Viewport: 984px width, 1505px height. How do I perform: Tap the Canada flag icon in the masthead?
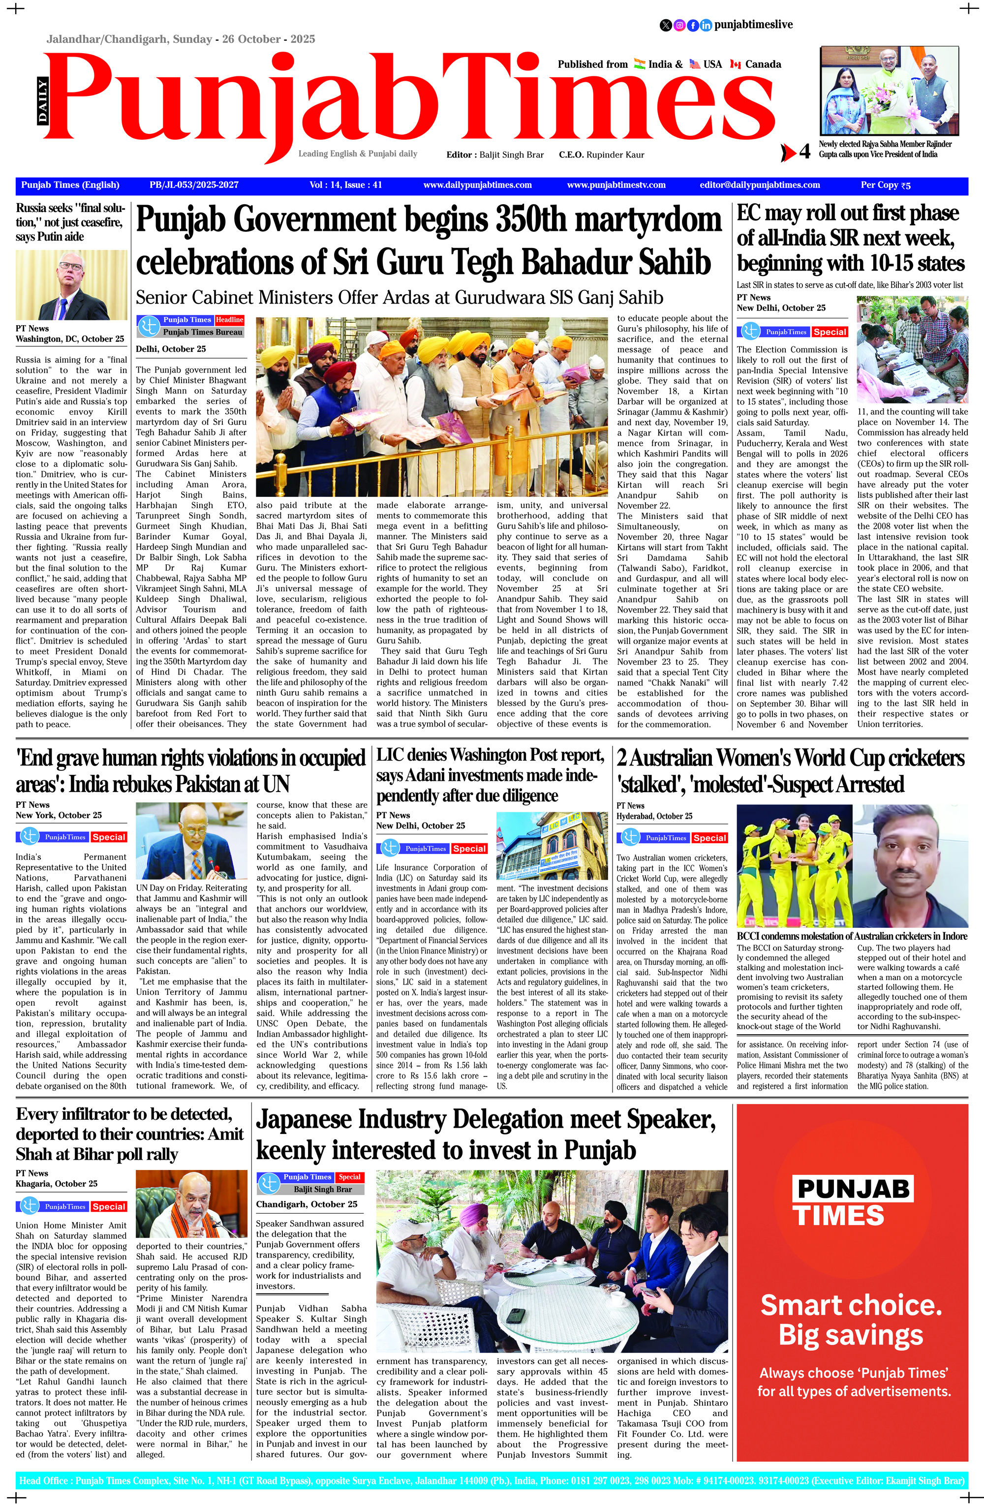click(x=735, y=64)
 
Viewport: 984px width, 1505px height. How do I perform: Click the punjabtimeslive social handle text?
click(x=753, y=25)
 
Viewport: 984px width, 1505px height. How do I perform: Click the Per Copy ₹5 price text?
click(x=885, y=185)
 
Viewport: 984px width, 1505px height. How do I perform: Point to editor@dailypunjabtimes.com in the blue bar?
click(x=760, y=185)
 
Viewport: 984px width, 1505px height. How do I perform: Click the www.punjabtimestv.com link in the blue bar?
click(x=616, y=185)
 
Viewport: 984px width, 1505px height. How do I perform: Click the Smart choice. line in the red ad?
click(x=851, y=1305)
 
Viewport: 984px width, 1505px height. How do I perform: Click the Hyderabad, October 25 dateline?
click(x=654, y=816)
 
